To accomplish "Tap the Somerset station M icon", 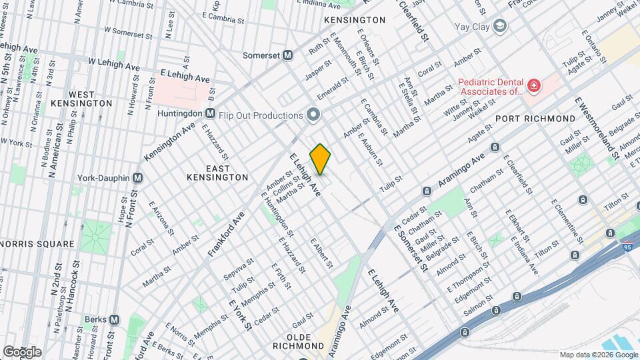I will tap(288, 55).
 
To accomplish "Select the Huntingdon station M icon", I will tap(210, 114).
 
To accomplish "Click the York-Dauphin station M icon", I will tap(138, 178).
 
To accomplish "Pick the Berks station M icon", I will tap(114, 319).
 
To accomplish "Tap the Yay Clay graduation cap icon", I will tap(500, 27).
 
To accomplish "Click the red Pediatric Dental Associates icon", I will tap(533, 85).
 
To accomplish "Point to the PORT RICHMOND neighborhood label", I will tap(535, 118).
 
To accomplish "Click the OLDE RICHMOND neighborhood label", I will tap(298, 345).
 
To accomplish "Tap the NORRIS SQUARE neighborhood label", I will tap(37, 244).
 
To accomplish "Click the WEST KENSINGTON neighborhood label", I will tap(81, 99).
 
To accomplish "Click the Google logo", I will tap(21, 351).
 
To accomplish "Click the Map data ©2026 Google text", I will tap(598, 355).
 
